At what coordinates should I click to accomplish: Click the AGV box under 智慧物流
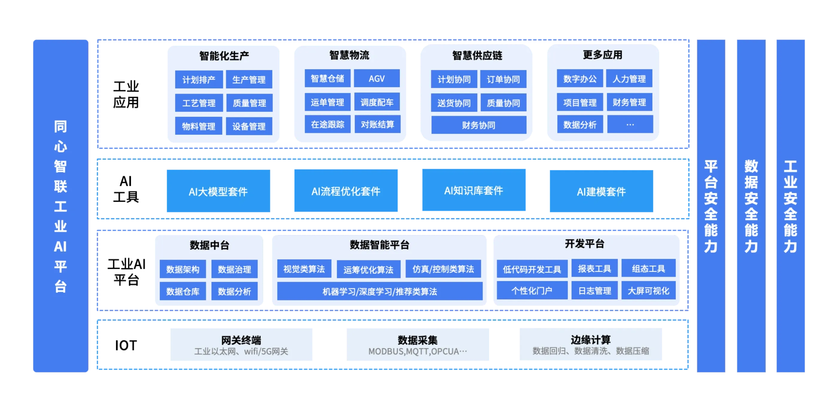point(377,78)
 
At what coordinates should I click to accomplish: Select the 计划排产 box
point(199,79)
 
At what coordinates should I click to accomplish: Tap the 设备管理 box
point(249,126)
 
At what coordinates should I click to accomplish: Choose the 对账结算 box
point(377,124)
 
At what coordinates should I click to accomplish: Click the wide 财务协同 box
point(479,125)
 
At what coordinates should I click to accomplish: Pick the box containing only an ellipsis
point(630,124)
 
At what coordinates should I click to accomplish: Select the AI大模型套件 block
point(218,191)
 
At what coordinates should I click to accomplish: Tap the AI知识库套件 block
point(474,190)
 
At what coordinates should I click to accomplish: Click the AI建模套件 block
point(601,191)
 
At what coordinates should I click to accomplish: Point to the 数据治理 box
point(234,269)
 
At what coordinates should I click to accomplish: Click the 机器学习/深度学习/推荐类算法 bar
point(379,291)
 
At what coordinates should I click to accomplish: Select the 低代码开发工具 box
point(532,269)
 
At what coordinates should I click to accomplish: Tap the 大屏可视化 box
point(648,291)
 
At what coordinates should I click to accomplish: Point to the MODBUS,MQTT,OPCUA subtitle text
point(418,352)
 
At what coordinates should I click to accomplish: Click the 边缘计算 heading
point(590,340)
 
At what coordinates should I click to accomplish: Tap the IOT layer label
point(127,345)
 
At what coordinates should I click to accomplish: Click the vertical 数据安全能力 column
point(751,206)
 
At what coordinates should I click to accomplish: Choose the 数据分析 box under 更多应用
point(580,124)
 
